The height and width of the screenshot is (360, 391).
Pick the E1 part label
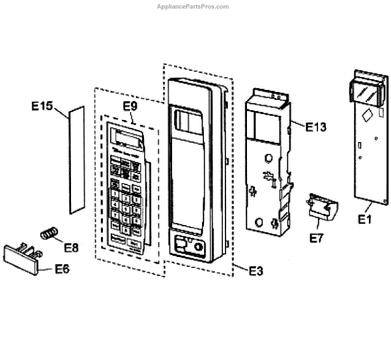point(365,220)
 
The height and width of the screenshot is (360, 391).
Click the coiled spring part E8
point(49,232)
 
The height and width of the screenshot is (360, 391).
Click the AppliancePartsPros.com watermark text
point(193,7)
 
